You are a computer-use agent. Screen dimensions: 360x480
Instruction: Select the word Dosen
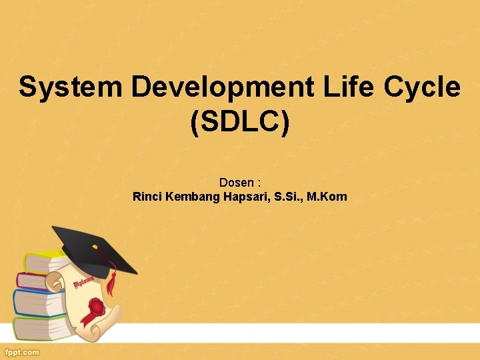point(236,182)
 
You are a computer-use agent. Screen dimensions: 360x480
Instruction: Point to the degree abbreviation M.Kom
point(327,197)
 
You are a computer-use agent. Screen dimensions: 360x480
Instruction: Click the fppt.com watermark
point(22,352)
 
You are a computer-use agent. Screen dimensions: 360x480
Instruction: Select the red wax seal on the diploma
point(97,307)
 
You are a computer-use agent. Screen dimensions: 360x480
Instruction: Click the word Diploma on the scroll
point(83,282)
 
